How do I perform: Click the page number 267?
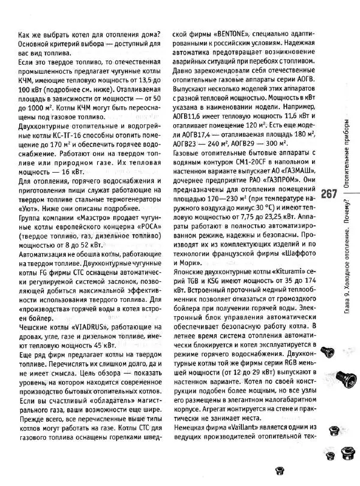click(x=331, y=193)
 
